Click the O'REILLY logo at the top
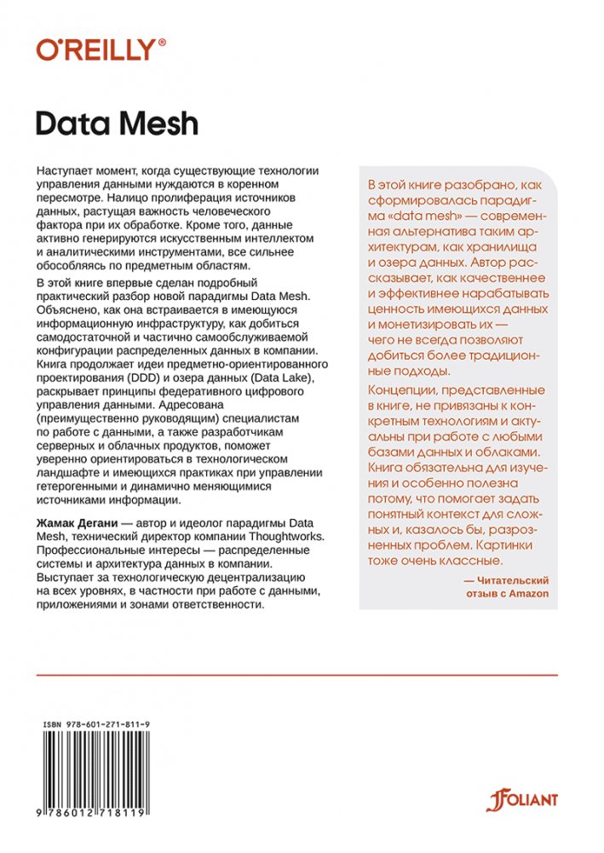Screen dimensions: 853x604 point(95,49)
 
